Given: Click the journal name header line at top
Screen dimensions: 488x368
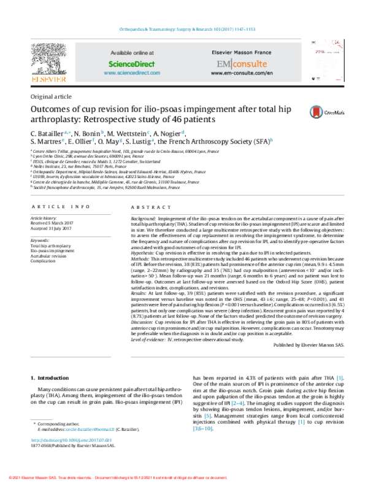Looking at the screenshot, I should [x=184, y=30].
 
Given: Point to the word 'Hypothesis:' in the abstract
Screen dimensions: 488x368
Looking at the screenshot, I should [x=145, y=252].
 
